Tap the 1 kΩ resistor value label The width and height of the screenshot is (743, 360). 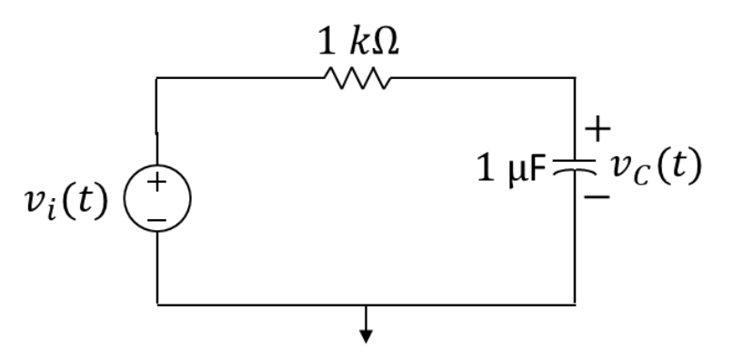(356, 42)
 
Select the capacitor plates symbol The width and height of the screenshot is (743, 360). (574, 169)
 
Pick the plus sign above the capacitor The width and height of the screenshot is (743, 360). (597, 130)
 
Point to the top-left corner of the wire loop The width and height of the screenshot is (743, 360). (157, 79)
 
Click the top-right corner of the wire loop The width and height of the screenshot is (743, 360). (574, 79)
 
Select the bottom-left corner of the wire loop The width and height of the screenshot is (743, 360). (157, 304)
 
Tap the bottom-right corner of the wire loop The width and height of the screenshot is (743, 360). (574, 304)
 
